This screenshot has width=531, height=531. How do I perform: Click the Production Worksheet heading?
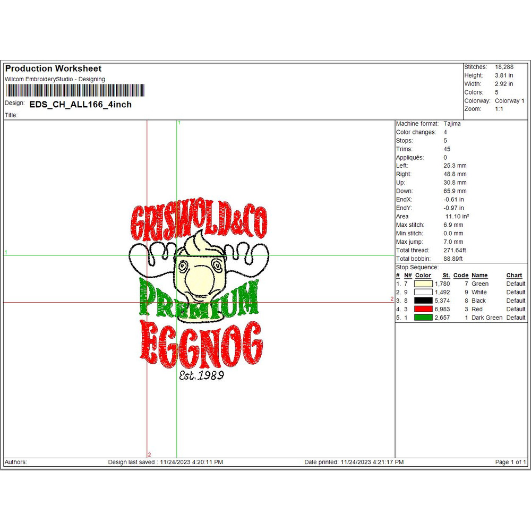(x=53, y=68)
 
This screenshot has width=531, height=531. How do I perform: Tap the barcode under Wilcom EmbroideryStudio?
(x=75, y=90)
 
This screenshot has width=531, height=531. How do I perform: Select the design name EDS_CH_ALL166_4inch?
(x=81, y=104)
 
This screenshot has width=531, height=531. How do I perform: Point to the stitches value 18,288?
(x=504, y=67)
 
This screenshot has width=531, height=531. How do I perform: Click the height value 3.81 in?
(x=503, y=75)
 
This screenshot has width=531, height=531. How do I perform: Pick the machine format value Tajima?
(x=452, y=124)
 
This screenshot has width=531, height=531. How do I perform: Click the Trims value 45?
(x=447, y=149)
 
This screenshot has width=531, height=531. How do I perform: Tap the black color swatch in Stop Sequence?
(x=423, y=301)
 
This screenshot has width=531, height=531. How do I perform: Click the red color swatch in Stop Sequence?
(x=423, y=309)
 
